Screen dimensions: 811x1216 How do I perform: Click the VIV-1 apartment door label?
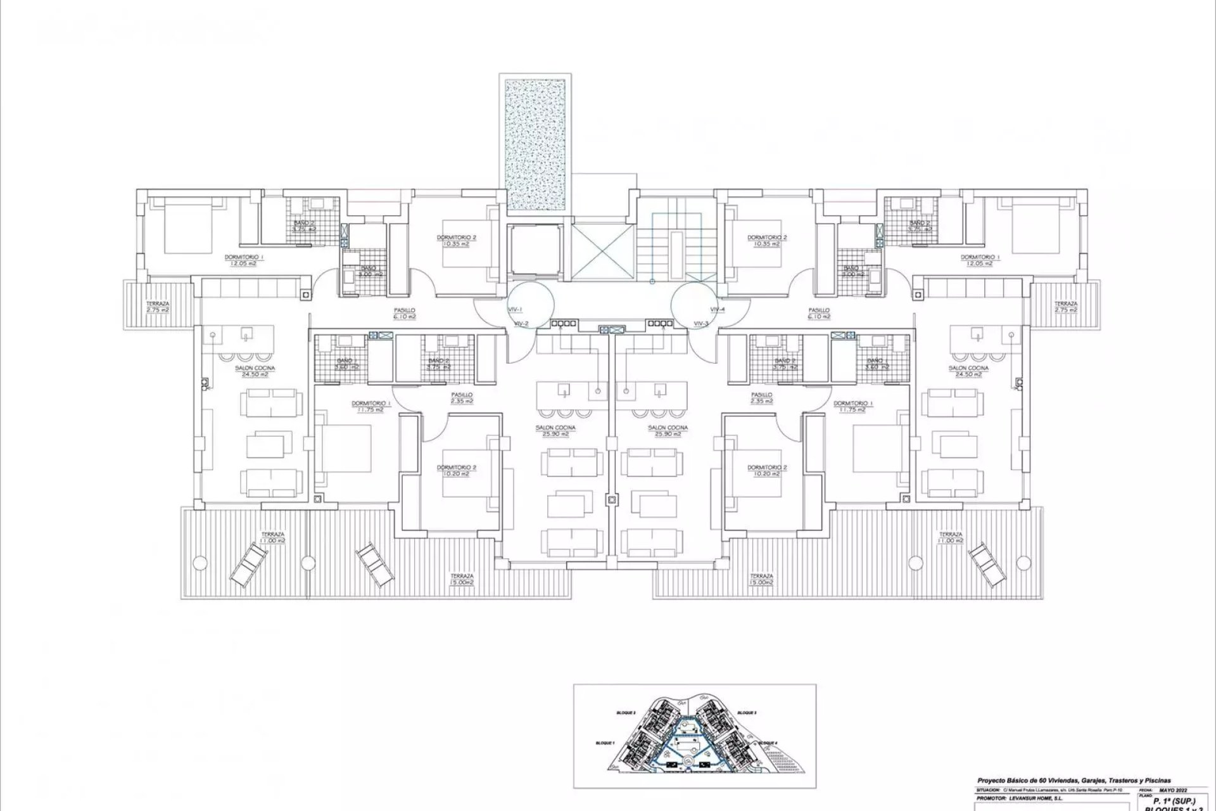pyautogui.click(x=514, y=309)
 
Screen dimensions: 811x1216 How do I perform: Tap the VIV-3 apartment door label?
pyautogui.click(x=701, y=323)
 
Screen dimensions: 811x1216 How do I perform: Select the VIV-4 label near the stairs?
pyautogui.click(x=717, y=309)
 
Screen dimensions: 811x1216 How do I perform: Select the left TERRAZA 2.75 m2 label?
pyautogui.click(x=156, y=307)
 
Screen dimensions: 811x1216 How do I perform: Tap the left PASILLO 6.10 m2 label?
pyautogui.click(x=403, y=313)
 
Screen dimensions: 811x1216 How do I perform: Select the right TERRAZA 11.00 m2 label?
pyautogui.click(x=951, y=537)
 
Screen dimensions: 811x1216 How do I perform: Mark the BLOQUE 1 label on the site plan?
pyautogui.click(x=605, y=743)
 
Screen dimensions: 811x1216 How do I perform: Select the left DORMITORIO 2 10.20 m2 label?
pyautogui.click(x=456, y=470)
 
